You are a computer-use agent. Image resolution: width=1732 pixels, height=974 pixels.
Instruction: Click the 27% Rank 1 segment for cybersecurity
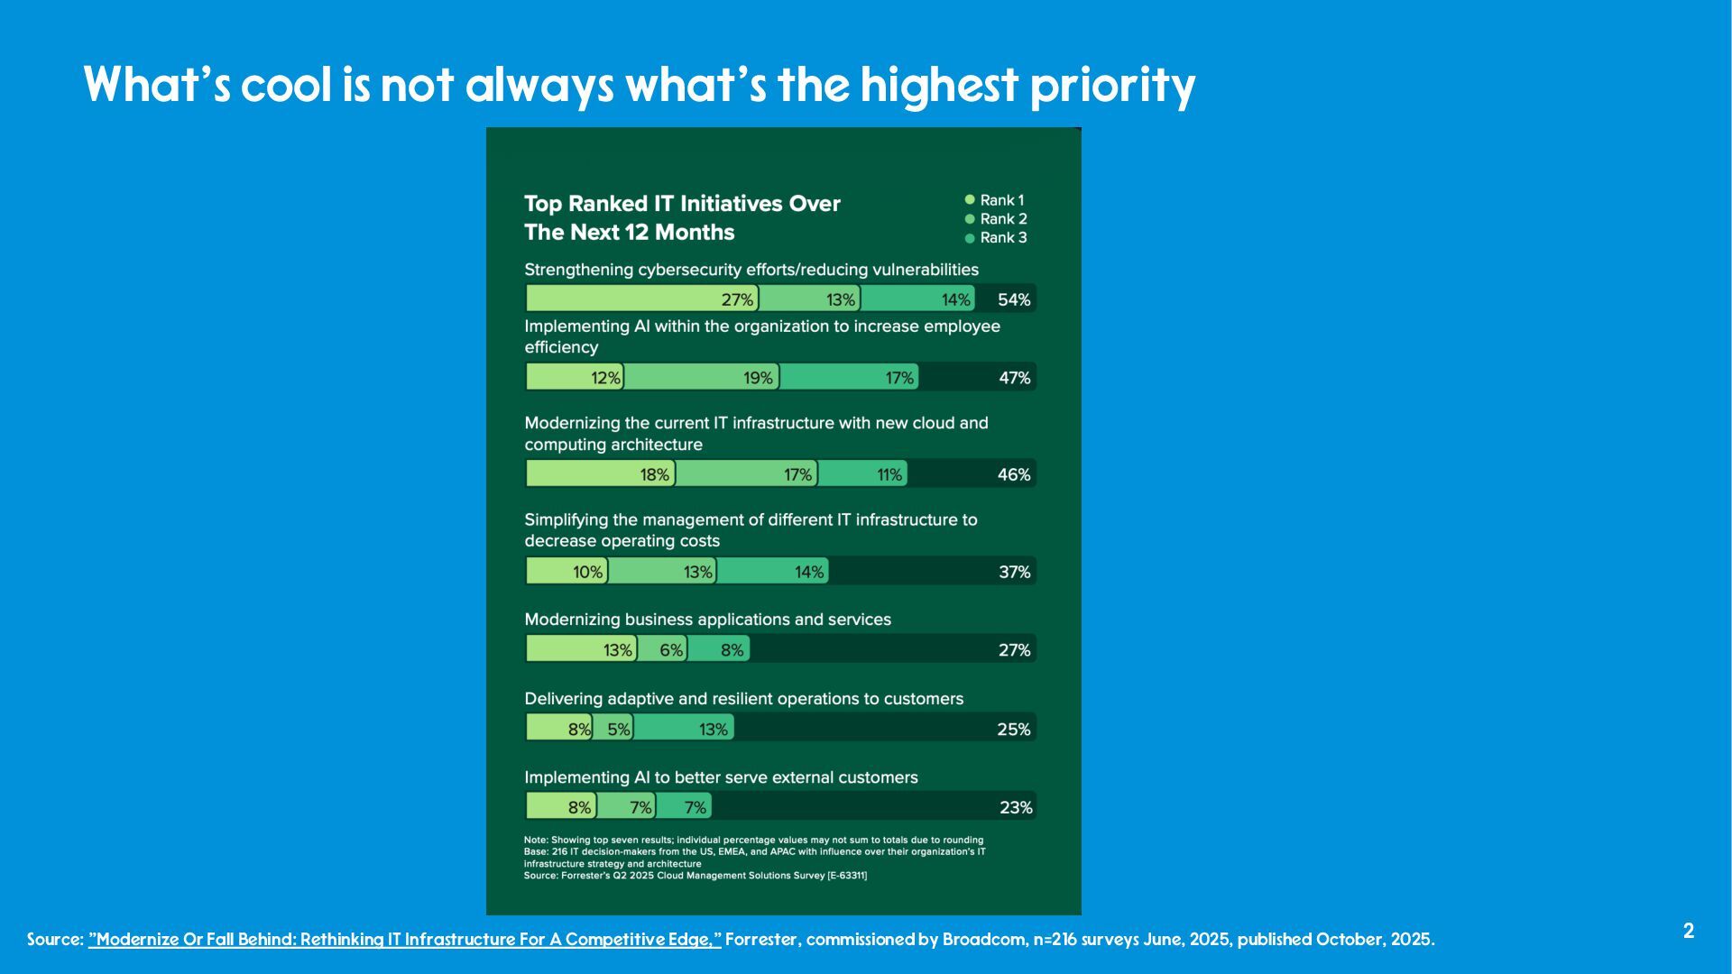pos(641,299)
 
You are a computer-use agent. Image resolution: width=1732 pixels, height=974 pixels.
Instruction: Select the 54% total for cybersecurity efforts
pos(1014,299)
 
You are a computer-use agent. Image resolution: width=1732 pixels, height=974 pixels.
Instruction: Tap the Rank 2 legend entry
pos(996,219)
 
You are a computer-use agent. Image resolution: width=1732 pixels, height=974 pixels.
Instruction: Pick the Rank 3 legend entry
pos(996,238)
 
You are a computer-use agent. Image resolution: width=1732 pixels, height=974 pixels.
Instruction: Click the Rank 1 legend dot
pos(970,200)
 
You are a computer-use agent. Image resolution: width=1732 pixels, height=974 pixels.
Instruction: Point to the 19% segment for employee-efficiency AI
pos(701,377)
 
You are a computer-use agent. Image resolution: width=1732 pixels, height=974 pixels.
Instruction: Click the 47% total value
pos(1015,378)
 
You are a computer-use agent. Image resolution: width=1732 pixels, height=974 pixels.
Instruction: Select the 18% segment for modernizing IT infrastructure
pos(600,474)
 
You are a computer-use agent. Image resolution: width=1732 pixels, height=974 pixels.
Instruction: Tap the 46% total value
pos(1014,474)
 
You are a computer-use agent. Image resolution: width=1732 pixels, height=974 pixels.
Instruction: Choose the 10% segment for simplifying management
pos(567,572)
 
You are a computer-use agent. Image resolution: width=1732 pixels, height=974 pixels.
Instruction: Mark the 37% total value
pos(1015,572)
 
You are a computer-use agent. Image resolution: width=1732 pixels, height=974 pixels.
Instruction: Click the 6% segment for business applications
pos(662,649)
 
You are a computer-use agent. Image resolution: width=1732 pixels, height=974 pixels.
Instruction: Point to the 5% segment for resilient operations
pos(613,729)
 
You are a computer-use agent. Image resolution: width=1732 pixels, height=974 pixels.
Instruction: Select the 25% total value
pos(1014,729)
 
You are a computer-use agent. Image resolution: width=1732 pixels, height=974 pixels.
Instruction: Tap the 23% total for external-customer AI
pos(1016,807)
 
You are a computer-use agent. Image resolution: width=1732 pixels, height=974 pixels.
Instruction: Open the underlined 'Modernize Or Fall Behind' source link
pos(405,940)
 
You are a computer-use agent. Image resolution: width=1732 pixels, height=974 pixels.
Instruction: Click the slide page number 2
pos(1689,932)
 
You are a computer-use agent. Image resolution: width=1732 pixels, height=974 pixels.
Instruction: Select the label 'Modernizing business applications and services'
pos(707,620)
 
